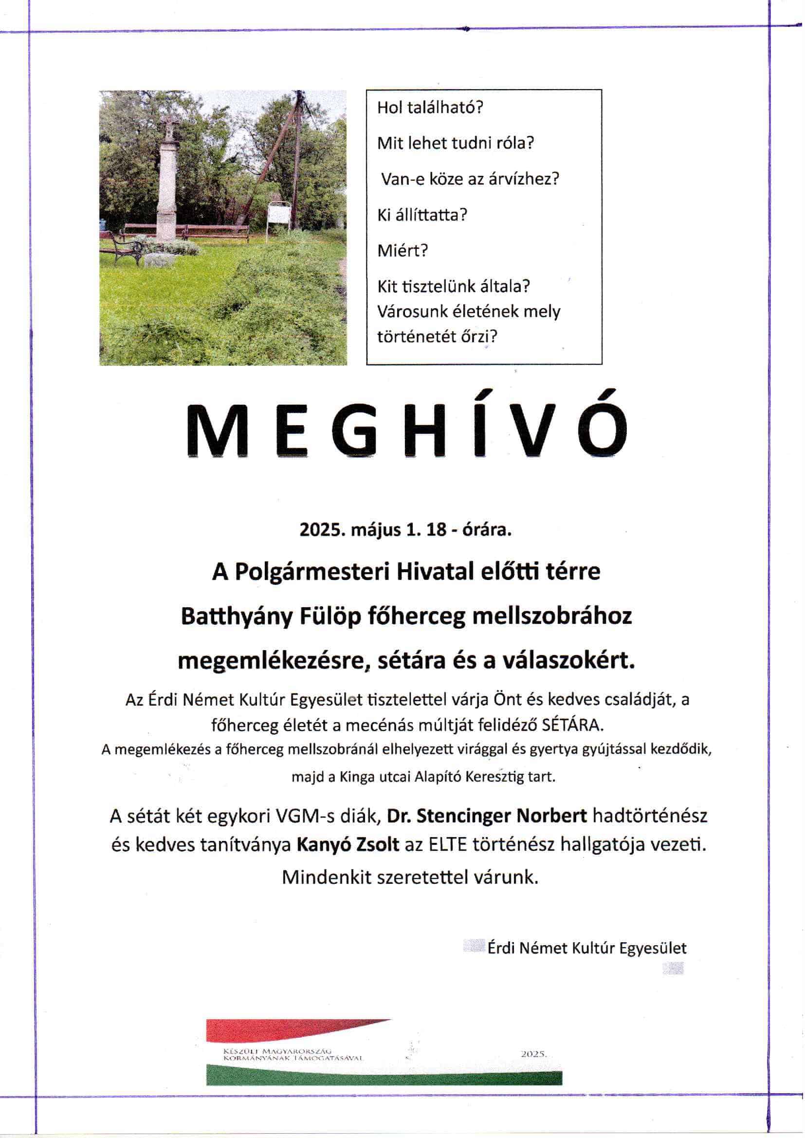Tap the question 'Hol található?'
tap(430, 108)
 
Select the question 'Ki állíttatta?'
tap(422, 215)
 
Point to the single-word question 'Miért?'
tap(402, 250)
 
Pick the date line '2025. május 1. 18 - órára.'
tap(405, 530)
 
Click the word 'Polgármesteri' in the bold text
tap(312, 572)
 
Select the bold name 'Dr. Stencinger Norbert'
tap(487, 816)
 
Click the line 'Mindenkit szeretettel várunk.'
tap(410, 877)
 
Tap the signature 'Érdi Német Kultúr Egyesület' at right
tap(587, 948)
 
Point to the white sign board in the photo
tap(279, 216)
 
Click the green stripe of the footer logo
tap(384, 1077)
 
